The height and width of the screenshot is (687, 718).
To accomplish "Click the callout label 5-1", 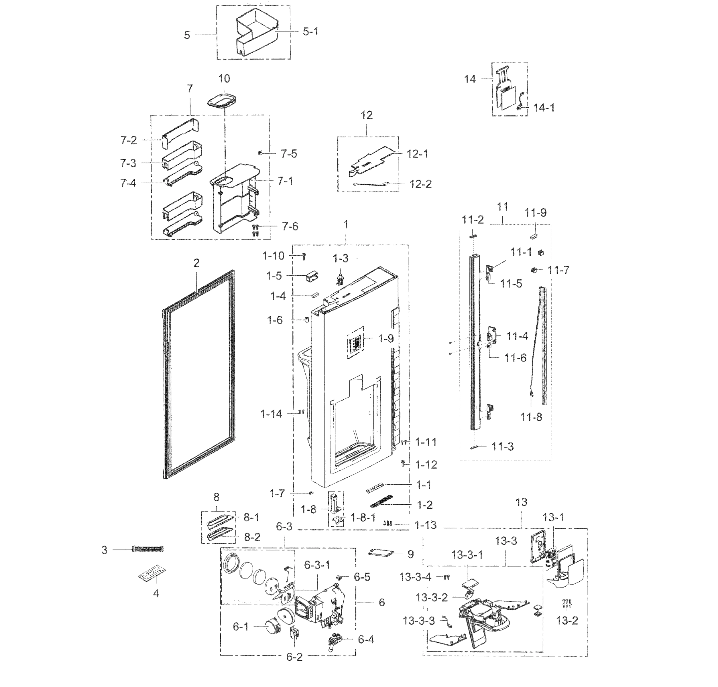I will (310, 32).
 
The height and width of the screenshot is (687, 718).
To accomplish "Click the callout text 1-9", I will (386, 338).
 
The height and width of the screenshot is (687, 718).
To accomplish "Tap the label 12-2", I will (420, 184).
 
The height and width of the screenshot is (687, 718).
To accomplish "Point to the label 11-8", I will (531, 417).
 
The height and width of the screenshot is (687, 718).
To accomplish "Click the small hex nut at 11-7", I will (534, 270).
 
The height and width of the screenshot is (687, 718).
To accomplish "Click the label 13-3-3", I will (418, 621).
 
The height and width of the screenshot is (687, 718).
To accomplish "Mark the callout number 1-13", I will (425, 525).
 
